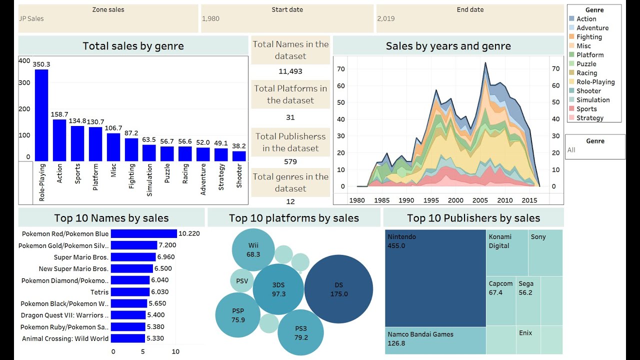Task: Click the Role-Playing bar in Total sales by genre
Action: [x=41, y=115]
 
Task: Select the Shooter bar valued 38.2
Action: [x=239, y=156]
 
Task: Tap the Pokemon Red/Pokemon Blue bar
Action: [x=143, y=233]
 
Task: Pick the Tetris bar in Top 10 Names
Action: [x=130, y=292]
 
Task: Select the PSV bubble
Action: [x=242, y=281]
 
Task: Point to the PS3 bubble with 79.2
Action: [x=300, y=332]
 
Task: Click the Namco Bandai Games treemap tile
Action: [x=435, y=340]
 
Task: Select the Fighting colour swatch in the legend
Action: [x=571, y=37]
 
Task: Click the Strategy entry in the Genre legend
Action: [x=590, y=118]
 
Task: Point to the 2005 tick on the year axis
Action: [x=480, y=200]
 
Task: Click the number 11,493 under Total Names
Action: [x=290, y=71]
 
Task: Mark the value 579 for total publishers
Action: [x=290, y=161]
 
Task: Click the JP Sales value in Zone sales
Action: [x=31, y=18]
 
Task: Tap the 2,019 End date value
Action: [x=386, y=18]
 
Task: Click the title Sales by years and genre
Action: [x=448, y=46]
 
